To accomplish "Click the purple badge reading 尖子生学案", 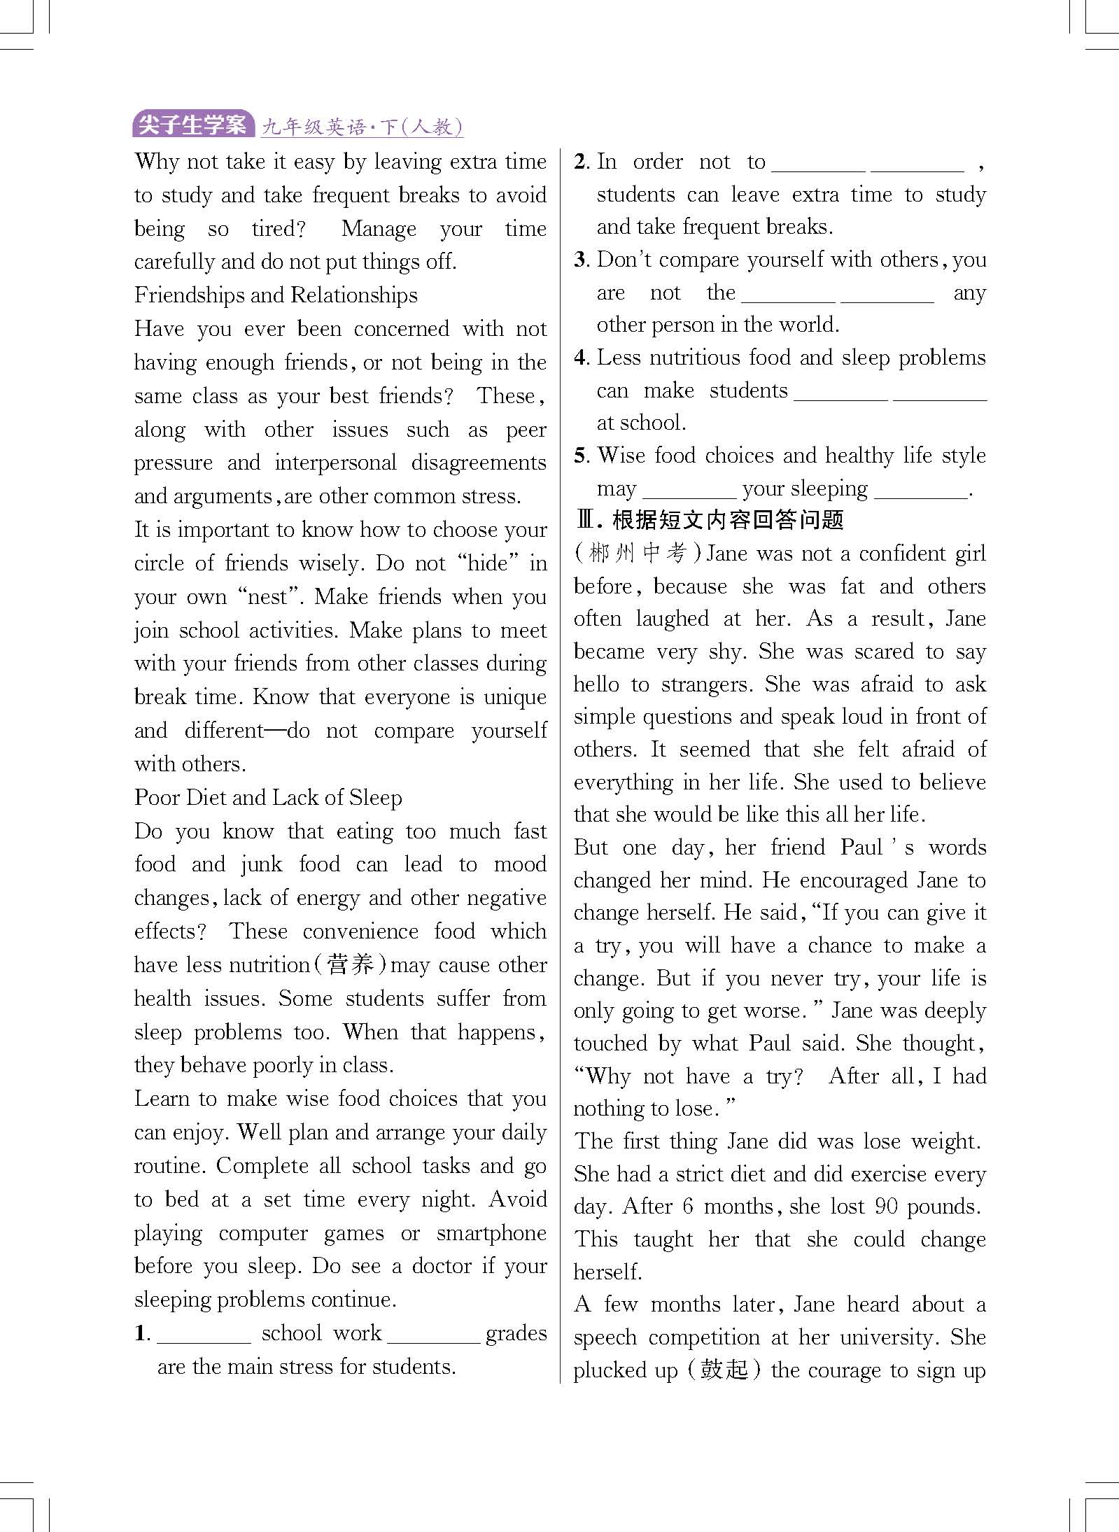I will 192,125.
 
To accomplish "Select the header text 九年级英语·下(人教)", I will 362,127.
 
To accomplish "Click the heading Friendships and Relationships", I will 276,295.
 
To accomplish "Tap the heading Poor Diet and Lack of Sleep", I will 268,798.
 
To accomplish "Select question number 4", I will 581,358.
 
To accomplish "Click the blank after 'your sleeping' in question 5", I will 920,489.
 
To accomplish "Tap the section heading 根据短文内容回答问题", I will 728,520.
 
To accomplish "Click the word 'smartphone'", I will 491,1233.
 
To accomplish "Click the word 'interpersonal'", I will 335,463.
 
